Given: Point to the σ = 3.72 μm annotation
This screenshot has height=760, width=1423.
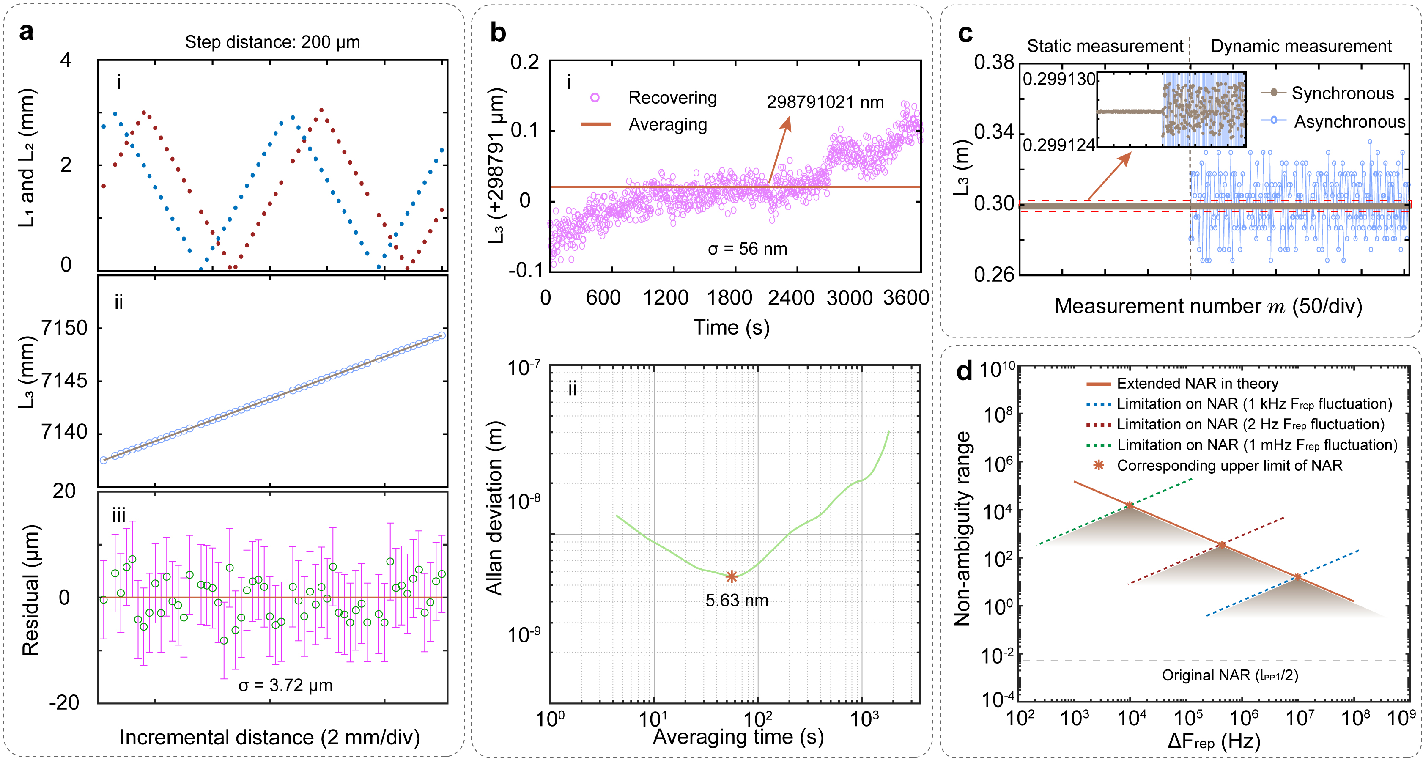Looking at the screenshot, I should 285,686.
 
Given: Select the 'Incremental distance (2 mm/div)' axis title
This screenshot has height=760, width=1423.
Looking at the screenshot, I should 269,737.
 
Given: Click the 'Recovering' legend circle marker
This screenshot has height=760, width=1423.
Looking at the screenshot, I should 595,98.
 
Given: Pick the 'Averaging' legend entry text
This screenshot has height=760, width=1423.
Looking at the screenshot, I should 667,125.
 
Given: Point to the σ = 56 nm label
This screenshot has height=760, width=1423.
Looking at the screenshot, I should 747,249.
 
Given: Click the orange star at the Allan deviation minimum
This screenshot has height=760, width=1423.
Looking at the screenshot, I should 732,576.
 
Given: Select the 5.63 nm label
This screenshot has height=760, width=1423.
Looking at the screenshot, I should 737,601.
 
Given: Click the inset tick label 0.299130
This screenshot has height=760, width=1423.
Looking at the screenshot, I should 1058,79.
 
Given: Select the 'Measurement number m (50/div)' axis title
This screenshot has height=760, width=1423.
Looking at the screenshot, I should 1208,306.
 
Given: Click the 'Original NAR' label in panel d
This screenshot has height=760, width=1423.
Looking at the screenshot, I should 1230,675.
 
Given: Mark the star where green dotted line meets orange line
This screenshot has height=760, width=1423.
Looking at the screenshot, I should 1130,505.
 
